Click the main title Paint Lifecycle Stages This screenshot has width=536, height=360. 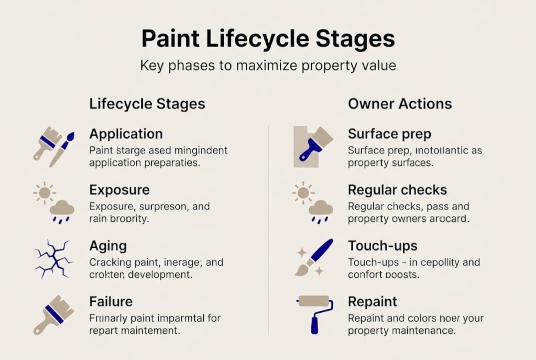[x=268, y=39]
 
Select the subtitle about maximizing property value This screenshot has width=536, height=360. [x=268, y=65]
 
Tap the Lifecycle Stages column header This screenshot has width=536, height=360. [x=147, y=104]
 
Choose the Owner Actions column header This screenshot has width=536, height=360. [x=400, y=104]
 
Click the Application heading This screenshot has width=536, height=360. [x=126, y=134]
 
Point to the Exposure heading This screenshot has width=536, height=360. [x=119, y=190]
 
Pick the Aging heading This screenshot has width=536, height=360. [x=108, y=246]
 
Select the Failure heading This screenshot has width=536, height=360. [x=110, y=302]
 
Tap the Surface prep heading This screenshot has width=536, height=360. [x=389, y=134]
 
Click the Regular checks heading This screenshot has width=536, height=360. [x=397, y=190]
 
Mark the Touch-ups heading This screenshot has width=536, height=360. [x=382, y=246]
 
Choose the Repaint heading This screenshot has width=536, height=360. [x=372, y=302]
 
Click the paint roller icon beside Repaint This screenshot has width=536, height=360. [x=314, y=313]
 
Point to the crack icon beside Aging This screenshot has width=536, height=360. [x=53, y=258]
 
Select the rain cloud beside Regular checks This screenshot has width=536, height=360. [x=320, y=210]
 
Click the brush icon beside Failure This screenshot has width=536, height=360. [x=53, y=314]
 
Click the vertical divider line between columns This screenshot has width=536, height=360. [x=268, y=230]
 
